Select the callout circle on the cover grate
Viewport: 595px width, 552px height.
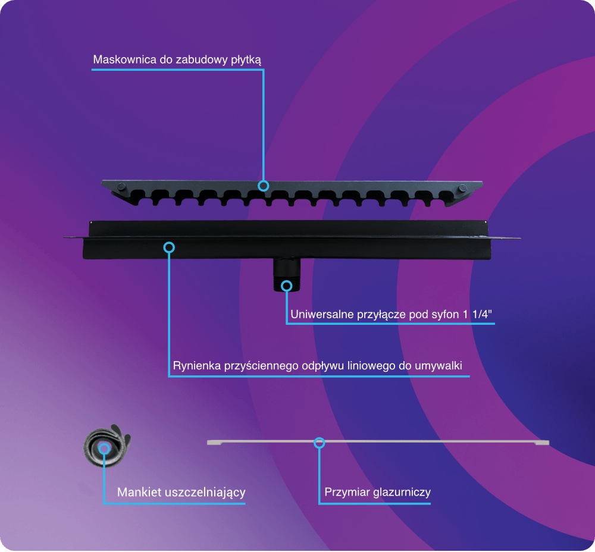[x=264, y=186]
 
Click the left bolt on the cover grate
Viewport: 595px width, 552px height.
[x=121, y=187]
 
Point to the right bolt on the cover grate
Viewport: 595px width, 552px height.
[x=462, y=188]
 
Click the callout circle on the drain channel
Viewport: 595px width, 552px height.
[x=169, y=247]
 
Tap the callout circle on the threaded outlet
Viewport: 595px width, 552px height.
[x=287, y=286]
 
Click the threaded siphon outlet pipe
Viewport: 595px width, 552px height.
[x=287, y=275]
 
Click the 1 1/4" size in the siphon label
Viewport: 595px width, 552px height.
[x=477, y=314]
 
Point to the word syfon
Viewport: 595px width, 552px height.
[x=445, y=315]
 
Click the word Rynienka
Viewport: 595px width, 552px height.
[x=197, y=366]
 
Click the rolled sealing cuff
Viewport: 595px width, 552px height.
[x=107, y=446]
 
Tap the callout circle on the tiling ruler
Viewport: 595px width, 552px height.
[x=319, y=443]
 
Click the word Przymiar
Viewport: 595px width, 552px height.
[x=347, y=493]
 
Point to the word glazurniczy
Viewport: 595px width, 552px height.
[x=402, y=493]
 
